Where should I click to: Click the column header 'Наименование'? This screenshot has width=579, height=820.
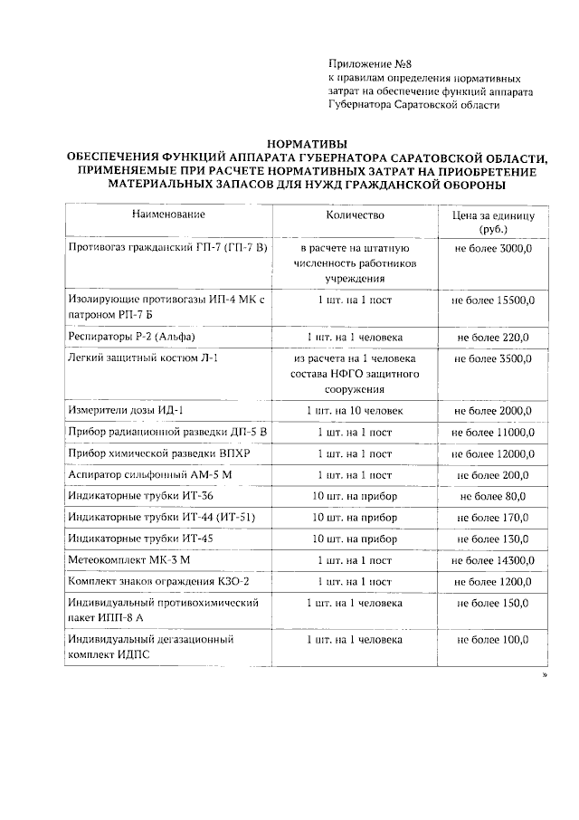[168, 215]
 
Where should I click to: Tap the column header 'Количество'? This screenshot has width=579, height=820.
[355, 215]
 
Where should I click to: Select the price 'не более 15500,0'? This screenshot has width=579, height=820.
[493, 300]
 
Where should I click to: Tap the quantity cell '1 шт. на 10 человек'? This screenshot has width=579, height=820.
[355, 410]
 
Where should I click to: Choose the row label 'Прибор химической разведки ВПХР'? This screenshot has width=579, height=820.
[153, 453]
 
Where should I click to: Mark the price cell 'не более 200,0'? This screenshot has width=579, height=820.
[493, 475]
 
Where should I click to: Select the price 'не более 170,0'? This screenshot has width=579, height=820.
[493, 518]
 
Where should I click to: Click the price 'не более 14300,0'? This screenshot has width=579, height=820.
[493, 560]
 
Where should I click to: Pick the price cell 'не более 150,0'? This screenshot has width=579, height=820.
[493, 603]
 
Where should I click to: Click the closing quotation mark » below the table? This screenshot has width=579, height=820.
[545, 674]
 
